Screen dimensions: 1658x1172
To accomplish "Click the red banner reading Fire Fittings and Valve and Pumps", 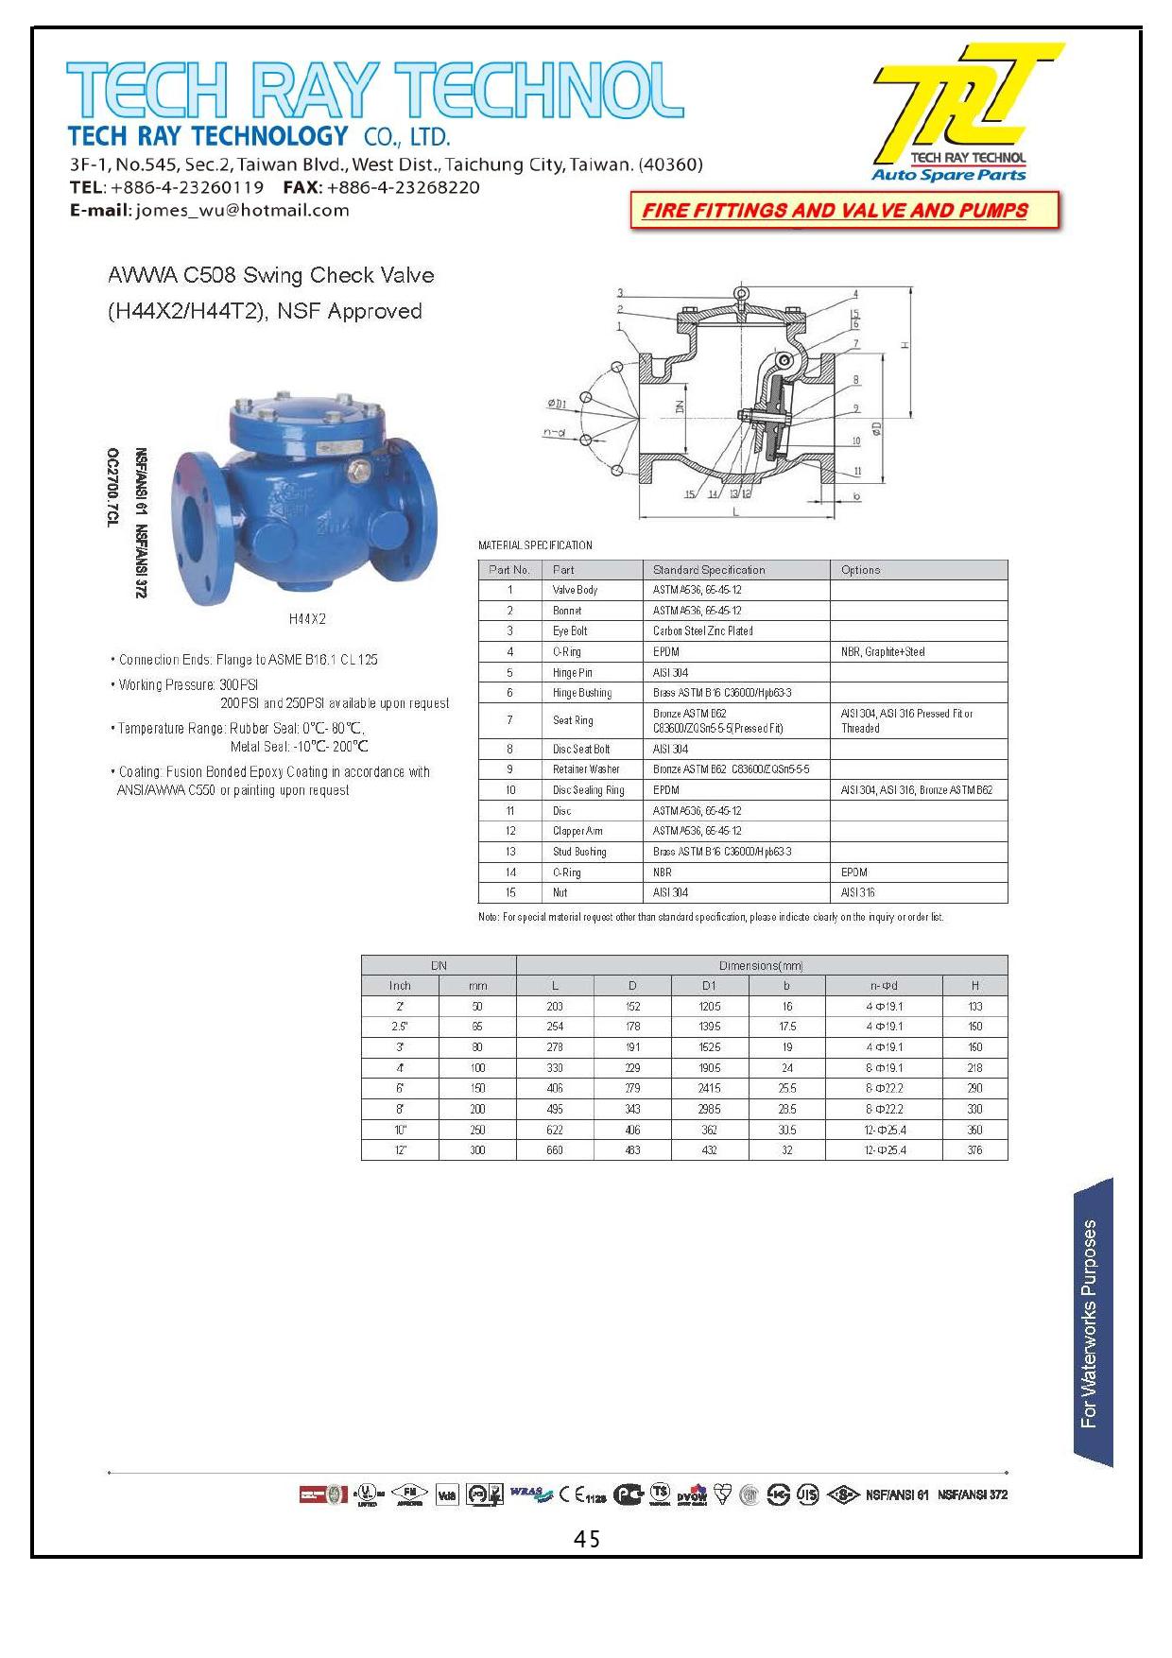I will (x=835, y=211).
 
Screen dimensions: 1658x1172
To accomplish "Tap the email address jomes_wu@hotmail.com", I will (x=242, y=210).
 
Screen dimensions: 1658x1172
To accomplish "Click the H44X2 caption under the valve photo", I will (x=307, y=619).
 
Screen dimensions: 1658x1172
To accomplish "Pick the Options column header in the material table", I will (x=860, y=570).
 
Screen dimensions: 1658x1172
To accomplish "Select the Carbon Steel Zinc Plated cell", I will (x=702, y=630).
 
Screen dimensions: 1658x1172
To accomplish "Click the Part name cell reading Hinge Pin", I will (x=572, y=672).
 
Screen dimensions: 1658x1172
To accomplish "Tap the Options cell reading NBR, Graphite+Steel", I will (x=882, y=651).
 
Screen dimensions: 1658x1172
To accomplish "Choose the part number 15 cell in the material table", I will (x=510, y=892).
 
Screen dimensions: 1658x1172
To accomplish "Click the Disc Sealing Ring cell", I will (x=588, y=790).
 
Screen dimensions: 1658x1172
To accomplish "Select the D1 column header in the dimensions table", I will (x=709, y=986).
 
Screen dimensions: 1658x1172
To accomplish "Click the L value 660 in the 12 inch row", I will (x=555, y=1150).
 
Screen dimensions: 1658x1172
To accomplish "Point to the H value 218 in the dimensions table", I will (x=974, y=1068).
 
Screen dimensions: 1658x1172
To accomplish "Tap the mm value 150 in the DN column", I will (x=477, y=1089).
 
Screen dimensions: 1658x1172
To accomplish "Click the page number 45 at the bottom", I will (x=586, y=1540).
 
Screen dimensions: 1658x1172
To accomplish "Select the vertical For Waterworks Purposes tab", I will (x=1092, y=1323).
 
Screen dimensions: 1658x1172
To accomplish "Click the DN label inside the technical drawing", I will (x=677, y=409).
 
